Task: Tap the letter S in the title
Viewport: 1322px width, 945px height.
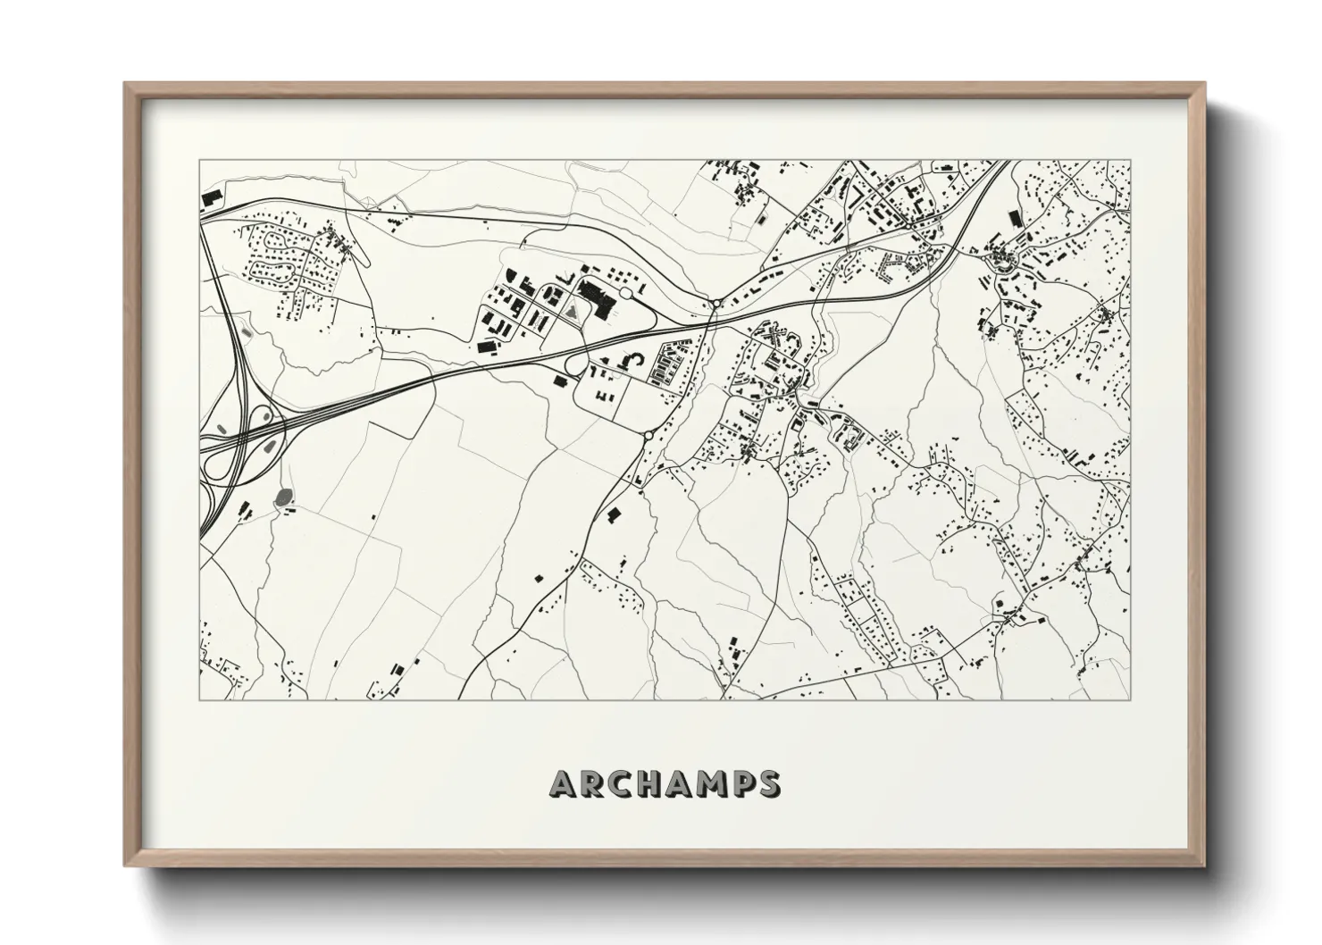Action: click(x=766, y=783)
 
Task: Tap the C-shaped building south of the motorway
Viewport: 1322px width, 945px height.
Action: click(x=635, y=359)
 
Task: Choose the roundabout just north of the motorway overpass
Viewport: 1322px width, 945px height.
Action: click(x=716, y=304)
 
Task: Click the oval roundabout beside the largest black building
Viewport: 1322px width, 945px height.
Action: click(x=625, y=293)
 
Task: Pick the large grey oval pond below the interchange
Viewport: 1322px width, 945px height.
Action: click(x=283, y=497)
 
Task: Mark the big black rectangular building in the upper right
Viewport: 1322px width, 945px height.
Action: click(x=1013, y=219)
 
